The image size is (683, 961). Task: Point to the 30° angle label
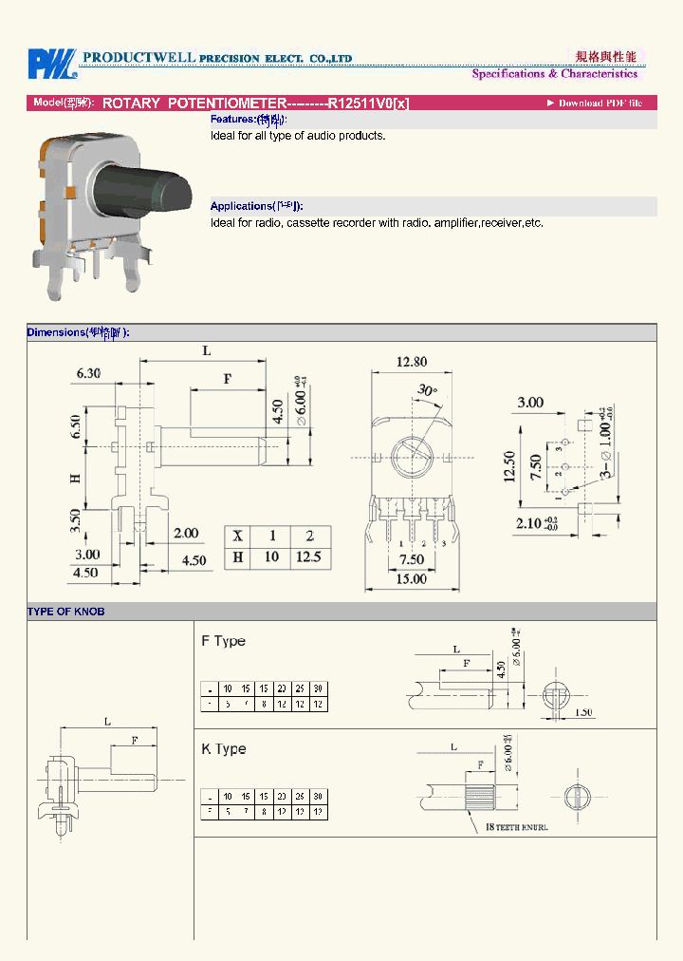427,389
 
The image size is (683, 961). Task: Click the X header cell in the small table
238,535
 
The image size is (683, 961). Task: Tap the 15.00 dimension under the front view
411,578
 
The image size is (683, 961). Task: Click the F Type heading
224,641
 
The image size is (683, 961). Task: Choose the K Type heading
224,749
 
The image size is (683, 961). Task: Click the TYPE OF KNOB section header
66,612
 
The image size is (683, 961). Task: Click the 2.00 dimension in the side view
186,534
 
